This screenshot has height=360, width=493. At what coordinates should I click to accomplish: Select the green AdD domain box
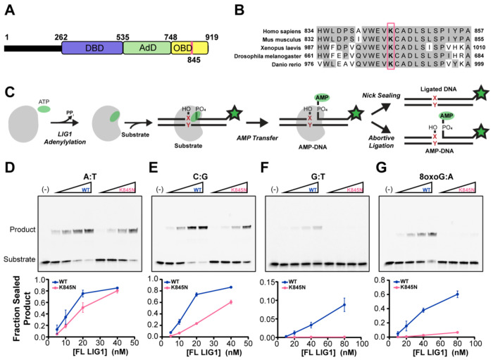[146, 49]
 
